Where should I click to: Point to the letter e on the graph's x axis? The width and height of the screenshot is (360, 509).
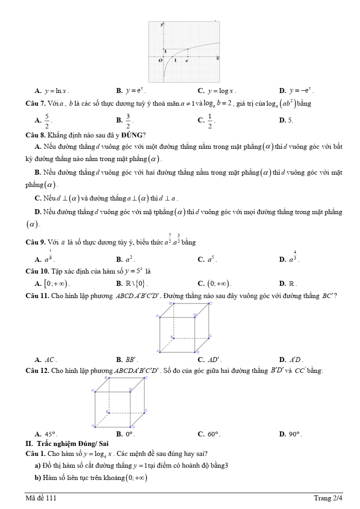[186, 60]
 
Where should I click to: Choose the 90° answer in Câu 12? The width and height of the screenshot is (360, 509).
[296, 434]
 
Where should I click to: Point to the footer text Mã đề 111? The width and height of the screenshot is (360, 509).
[41, 498]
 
